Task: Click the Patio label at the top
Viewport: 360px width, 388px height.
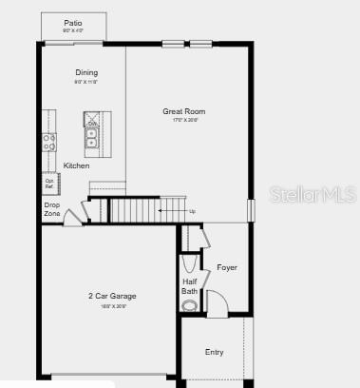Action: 73,22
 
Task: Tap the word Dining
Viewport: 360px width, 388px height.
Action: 86,72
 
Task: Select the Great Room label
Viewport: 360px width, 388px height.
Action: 183,111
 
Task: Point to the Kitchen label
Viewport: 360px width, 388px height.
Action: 77,165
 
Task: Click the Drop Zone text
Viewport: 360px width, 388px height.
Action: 51,208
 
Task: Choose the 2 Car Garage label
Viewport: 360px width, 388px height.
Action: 113,296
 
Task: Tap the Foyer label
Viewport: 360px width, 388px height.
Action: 227,267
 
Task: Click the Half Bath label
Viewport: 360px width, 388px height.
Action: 189,285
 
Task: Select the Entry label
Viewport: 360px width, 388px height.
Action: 215,352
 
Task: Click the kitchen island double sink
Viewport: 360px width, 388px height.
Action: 93,141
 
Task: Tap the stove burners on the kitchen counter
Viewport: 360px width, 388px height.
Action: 48,142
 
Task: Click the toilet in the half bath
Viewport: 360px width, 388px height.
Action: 191,305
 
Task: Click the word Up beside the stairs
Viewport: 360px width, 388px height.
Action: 193,211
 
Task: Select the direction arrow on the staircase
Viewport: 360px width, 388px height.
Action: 170,211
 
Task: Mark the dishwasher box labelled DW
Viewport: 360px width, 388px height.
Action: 93,124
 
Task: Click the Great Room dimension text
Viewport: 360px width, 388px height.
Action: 183,121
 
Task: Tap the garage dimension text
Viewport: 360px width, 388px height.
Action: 113,306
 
